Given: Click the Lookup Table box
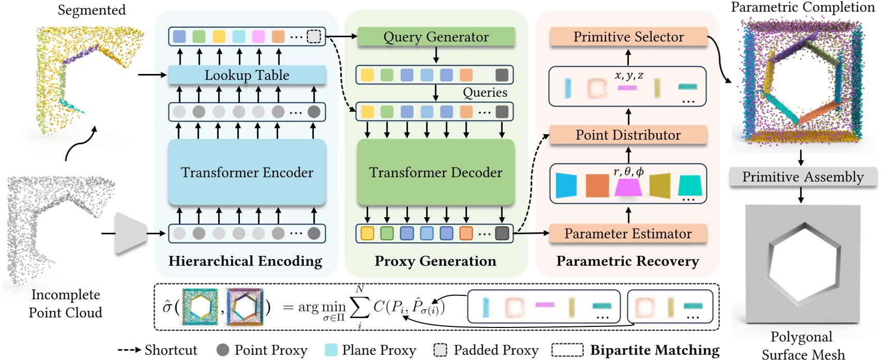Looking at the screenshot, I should coord(247,75).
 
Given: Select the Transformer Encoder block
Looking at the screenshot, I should coord(247,172).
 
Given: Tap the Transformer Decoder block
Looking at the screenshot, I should coord(436,172).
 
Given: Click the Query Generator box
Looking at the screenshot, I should coord(436,37).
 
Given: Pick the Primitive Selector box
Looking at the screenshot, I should coord(628,37).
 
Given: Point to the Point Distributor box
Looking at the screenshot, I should coord(628,135).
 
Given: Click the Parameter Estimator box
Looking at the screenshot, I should coord(628,233).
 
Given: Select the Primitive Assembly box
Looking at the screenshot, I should coord(803,177).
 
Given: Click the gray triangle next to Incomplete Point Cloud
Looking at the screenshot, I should coord(130,233).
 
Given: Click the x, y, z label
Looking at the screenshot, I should coord(629,76).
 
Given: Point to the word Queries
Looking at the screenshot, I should coord(485,93).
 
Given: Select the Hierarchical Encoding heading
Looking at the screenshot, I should coord(245,261).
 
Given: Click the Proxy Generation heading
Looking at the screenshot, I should coord(436,261).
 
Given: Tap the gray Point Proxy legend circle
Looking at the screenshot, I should coord(223,350).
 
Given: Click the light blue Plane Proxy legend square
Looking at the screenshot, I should coord(331,350).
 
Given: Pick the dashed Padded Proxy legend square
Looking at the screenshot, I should coord(440,350).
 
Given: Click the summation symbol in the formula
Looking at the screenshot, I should coord(360,308).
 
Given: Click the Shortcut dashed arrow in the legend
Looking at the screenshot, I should coord(129,350).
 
